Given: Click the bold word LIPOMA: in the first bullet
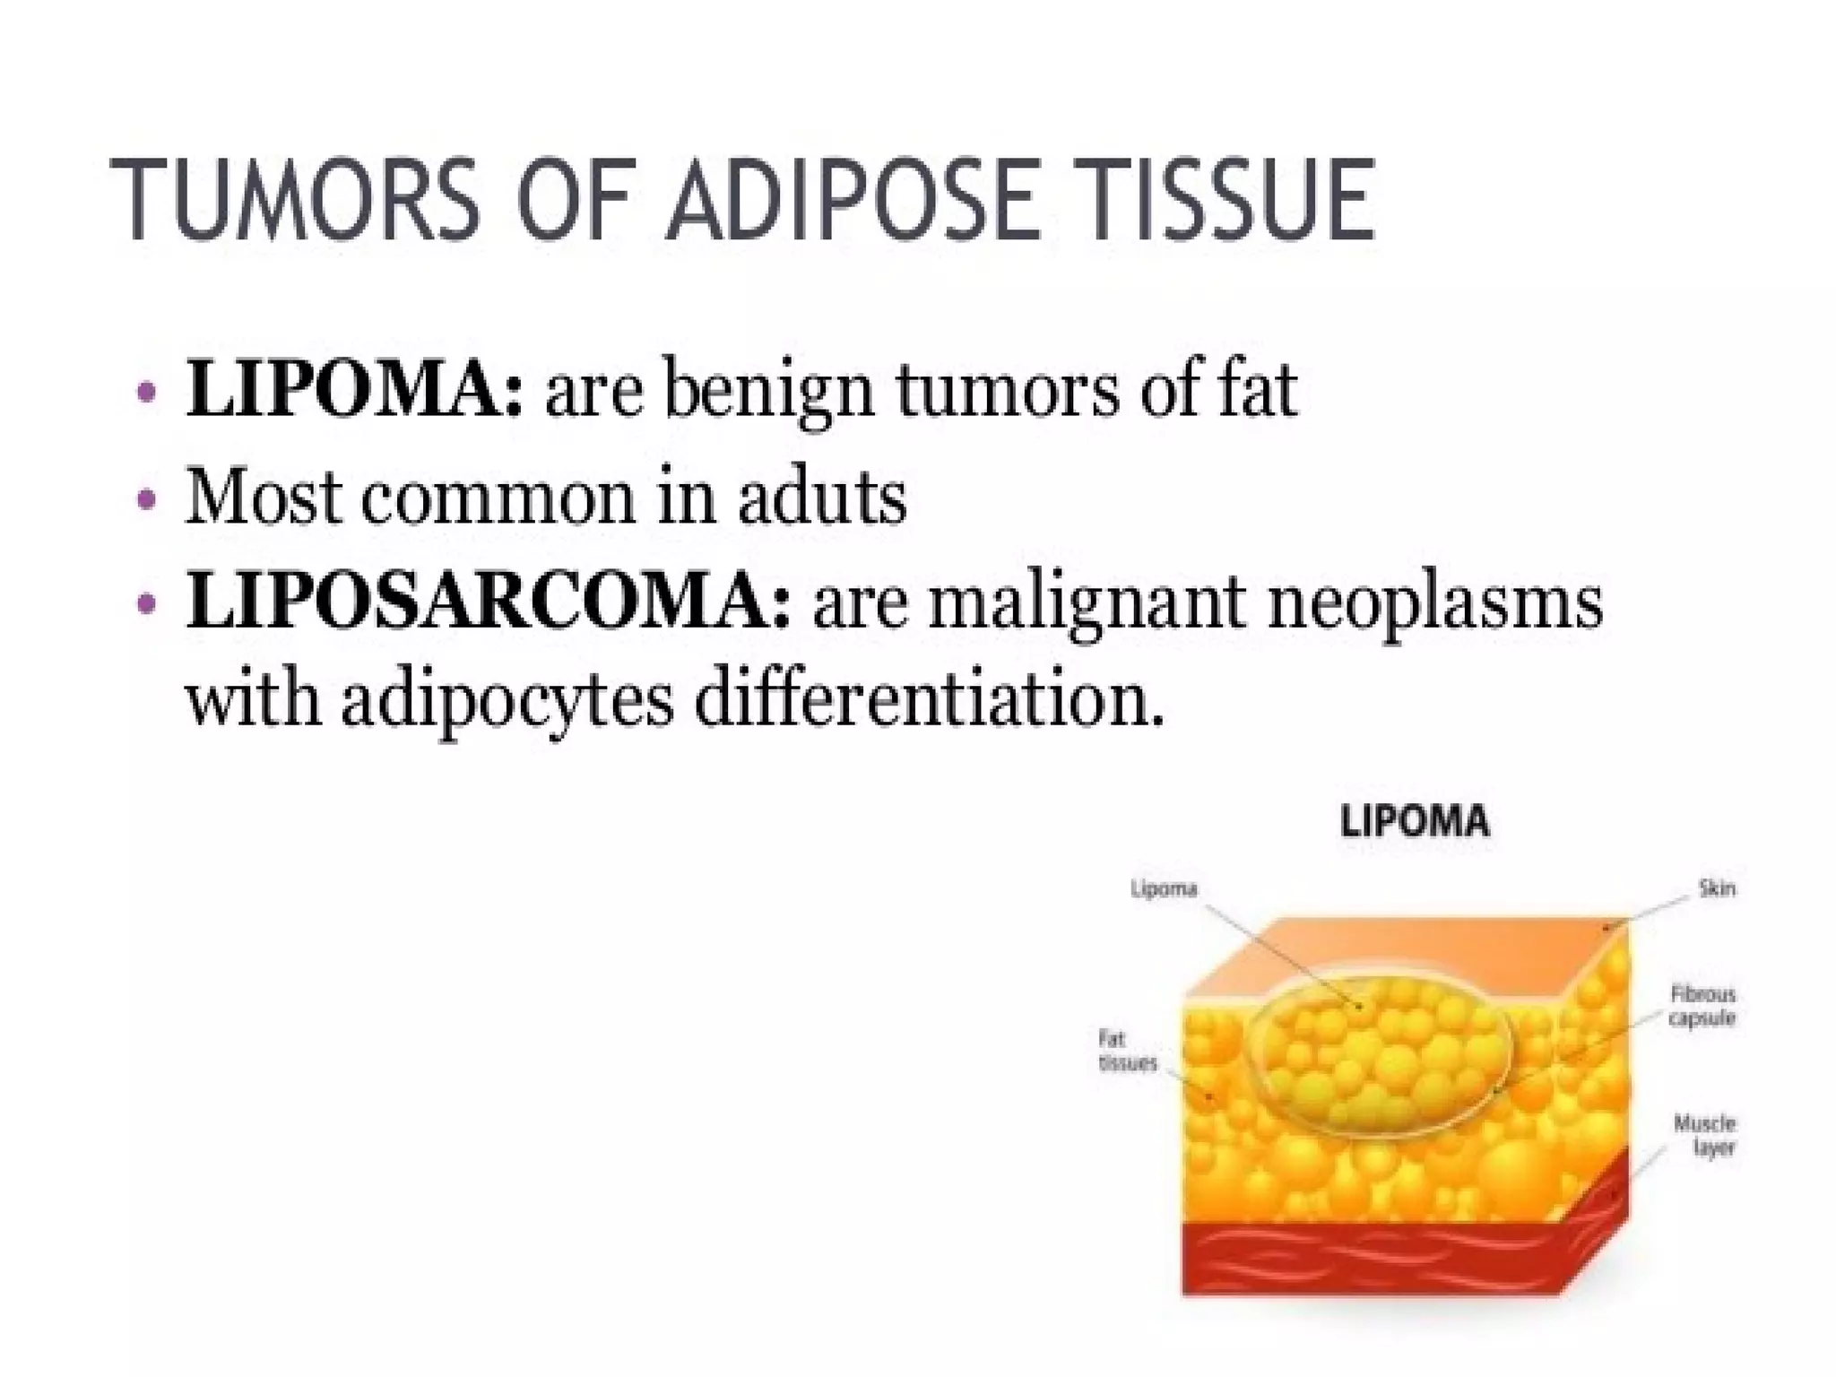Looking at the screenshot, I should click(353, 392).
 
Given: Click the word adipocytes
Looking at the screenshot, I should click(507, 702).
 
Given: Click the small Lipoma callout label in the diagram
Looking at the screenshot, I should click(1164, 888).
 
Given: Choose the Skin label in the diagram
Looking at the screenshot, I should click(1716, 888).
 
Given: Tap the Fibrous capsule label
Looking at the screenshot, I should click(1702, 1006).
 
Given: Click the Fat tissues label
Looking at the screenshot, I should click(1127, 1052).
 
